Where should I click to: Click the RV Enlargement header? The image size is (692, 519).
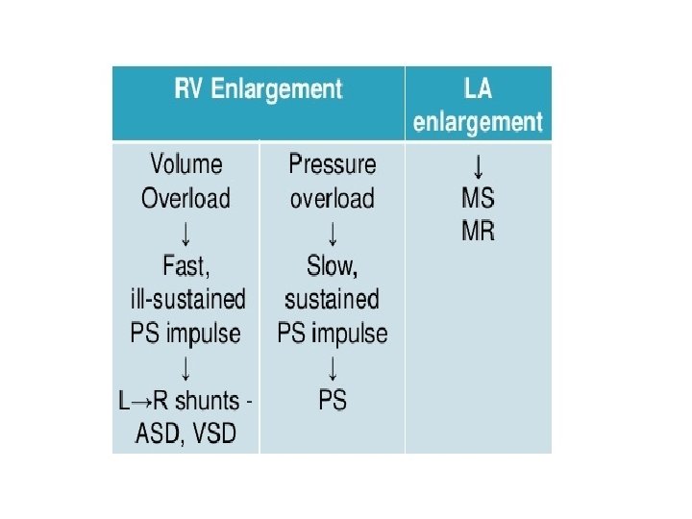[258, 89]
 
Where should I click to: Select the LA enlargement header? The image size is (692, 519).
[478, 105]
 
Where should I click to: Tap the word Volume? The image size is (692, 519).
[185, 164]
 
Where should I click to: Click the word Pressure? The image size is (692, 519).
[333, 164]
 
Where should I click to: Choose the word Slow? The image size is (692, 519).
[332, 264]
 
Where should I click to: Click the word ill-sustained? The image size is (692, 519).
[187, 299]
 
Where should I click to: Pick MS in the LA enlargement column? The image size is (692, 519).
[478, 199]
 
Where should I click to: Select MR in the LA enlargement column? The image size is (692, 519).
[478, 232]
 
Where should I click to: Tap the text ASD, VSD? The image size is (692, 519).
[186, 432]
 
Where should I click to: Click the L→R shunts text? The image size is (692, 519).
[186, 400]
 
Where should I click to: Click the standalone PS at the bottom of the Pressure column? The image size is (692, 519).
[333, 400]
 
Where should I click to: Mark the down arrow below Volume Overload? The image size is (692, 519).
[185, 232]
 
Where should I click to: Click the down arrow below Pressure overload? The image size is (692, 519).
[333, 232]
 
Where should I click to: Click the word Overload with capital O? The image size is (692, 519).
[185, 198]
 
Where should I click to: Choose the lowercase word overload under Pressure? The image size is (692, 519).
[333, 198]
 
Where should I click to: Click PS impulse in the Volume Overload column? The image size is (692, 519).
[185, 333]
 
